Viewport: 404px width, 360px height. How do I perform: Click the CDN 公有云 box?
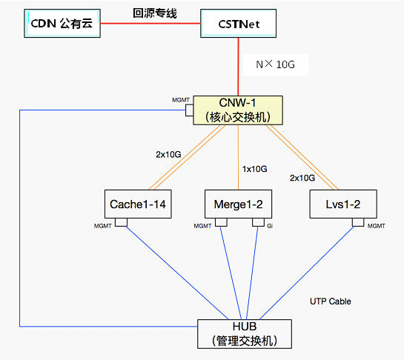click(x=62, y=24)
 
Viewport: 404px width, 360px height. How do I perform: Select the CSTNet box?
click(x=239, y=24)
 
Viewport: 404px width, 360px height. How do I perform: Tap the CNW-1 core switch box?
click(x=238, y=110)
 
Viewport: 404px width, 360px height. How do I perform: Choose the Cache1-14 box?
click(x=138, y=204)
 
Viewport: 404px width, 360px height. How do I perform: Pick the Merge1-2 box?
click(x=239, y=204)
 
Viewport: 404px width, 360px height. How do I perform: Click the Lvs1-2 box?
click(x=343, y=204)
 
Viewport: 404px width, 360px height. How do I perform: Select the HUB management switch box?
click(x=245, y=334)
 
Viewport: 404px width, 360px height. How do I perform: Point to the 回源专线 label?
click(x=155, y=13)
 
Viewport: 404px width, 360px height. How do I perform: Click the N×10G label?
click(x=276, y=64)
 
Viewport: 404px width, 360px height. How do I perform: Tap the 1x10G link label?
click(x=254, y=169)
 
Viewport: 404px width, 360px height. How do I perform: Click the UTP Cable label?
click(x=331, y=301)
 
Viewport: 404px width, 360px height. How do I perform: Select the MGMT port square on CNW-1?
click(x=189, y=110)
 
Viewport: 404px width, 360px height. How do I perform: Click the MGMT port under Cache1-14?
click(x=121, y=222)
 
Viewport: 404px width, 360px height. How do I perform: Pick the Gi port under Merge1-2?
click(x=258, y=222)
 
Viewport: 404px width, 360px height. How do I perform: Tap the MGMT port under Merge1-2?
click(x=221, y=222)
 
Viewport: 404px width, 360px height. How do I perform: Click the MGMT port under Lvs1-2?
click(x=358, y=222)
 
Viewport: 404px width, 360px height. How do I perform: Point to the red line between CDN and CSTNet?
click(x=150, y=24)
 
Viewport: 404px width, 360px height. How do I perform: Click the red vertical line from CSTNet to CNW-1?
click(x=238, y=67)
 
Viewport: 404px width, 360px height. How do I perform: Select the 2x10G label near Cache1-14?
click(x=168, y=155)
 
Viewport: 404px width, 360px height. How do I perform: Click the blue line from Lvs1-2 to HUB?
click(x=306, y=273)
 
